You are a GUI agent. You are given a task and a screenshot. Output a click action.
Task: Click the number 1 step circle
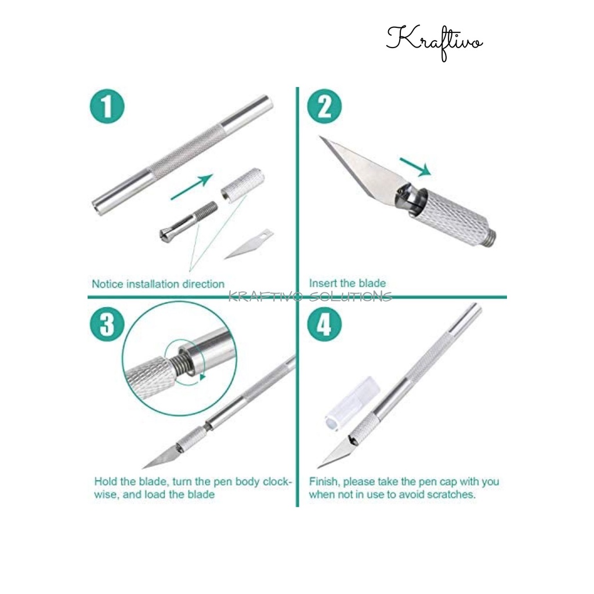tap(107, 107)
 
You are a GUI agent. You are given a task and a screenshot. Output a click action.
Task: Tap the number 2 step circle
tap(324, 107)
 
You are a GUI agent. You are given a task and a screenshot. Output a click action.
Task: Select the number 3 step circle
tap(107, 324)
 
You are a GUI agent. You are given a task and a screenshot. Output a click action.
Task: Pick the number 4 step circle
tap(324, 324)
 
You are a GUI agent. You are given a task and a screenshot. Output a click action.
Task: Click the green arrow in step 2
tap(415, 167)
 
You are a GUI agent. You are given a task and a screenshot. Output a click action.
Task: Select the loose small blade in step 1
tap(249, 244)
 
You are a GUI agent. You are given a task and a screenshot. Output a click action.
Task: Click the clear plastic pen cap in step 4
tap(352, 404)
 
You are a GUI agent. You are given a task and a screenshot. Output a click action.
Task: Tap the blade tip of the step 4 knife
tap(317, 468)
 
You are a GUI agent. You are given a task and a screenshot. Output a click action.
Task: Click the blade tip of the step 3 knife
tap(143, 468)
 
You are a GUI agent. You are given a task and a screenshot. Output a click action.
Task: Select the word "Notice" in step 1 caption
tap(107, 284)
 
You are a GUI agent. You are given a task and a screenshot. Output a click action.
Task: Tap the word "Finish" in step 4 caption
tap(324, 482)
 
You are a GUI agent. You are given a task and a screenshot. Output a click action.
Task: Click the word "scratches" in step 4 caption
tap(451, 494)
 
